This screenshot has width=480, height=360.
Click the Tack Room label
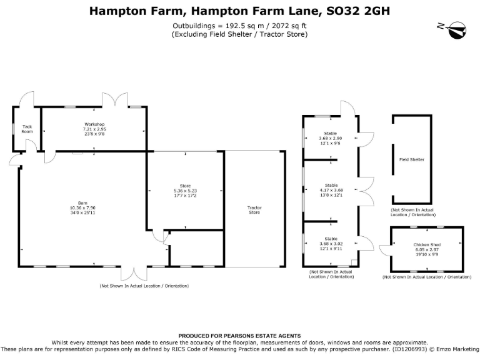coord(27,129)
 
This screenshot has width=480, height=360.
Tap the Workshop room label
coord(94,124)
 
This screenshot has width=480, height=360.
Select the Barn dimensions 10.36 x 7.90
coord(82,207)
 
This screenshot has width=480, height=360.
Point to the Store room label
coord(185,186)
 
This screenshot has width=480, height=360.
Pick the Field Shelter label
coord(412,159)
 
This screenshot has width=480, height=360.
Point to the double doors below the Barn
coord(132,274)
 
